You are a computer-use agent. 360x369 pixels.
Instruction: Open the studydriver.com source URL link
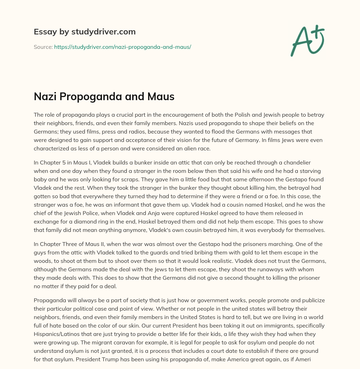[122, 47]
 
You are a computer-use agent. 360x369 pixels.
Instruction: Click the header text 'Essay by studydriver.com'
[84, 32]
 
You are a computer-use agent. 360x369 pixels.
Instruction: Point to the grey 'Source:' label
[43, 47]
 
